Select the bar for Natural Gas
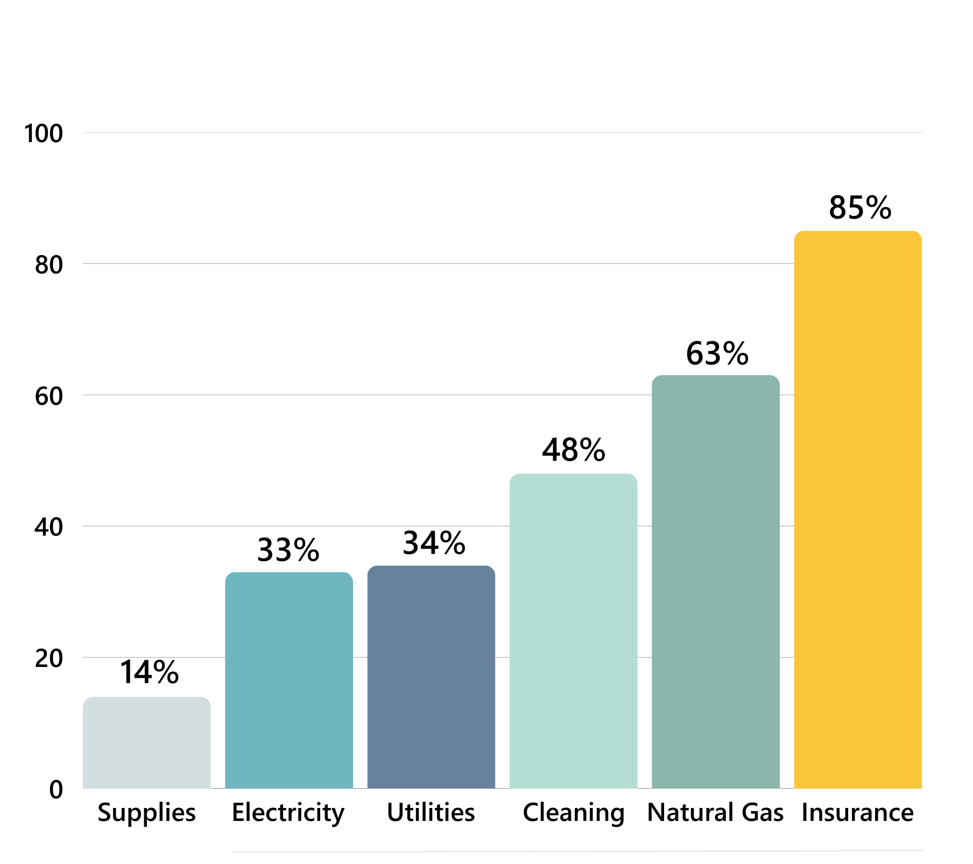click(x=715, y=582)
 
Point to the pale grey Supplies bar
click(x=146, y=742)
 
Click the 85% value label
click(x=859, y=208)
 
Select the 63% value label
click(x=717, y=354)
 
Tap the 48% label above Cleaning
click(x=573, y=450)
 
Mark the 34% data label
click(x=434, y=543)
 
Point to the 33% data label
click(x=288, y=550)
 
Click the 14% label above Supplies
click(x=149, y=672)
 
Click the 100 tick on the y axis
click(x=44, y=134)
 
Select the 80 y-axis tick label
click(x=48, y=265)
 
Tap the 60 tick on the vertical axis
click(x=48, y=396)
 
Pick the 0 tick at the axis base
click(x=56, y=790)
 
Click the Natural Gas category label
click(x=715, y=812)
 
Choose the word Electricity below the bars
click(x=288, y=813)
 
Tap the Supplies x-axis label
click(x=146, y=813)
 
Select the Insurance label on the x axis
click(x=857, y=812)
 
